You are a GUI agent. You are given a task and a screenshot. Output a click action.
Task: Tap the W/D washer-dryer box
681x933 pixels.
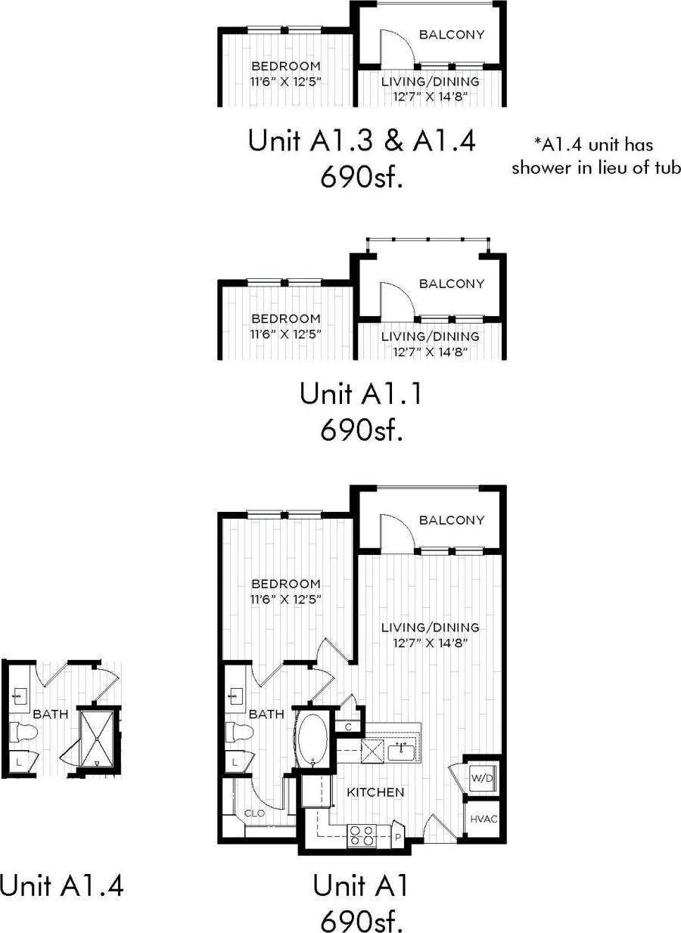pos(478,777)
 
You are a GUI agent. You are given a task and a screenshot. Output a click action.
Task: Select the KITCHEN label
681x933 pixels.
pos(375,792)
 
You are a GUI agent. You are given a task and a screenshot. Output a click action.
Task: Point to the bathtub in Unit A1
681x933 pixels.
pos(310,739)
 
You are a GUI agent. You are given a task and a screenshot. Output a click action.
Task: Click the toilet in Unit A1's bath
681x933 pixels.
pos(238,732)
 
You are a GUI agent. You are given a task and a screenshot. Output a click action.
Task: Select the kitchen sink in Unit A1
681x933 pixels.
pos(401,751)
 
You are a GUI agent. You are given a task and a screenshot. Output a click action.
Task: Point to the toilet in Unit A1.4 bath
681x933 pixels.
pos(23,731)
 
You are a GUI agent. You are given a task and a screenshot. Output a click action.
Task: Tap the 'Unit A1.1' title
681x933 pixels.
pos(359,393)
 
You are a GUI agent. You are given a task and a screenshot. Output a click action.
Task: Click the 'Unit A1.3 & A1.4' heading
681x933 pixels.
pos(362,141)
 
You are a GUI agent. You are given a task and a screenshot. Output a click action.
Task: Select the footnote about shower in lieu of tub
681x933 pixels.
pos(595,156)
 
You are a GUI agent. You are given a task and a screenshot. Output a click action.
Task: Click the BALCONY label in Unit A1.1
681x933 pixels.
pos(451,284)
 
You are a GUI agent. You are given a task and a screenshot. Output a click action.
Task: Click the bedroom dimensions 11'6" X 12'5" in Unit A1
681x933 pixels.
pos(286,600)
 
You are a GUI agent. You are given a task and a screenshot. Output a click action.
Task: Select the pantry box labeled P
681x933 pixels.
pos(397,837)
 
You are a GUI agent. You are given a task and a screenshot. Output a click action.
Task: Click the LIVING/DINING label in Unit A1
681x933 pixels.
pos(430,627)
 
